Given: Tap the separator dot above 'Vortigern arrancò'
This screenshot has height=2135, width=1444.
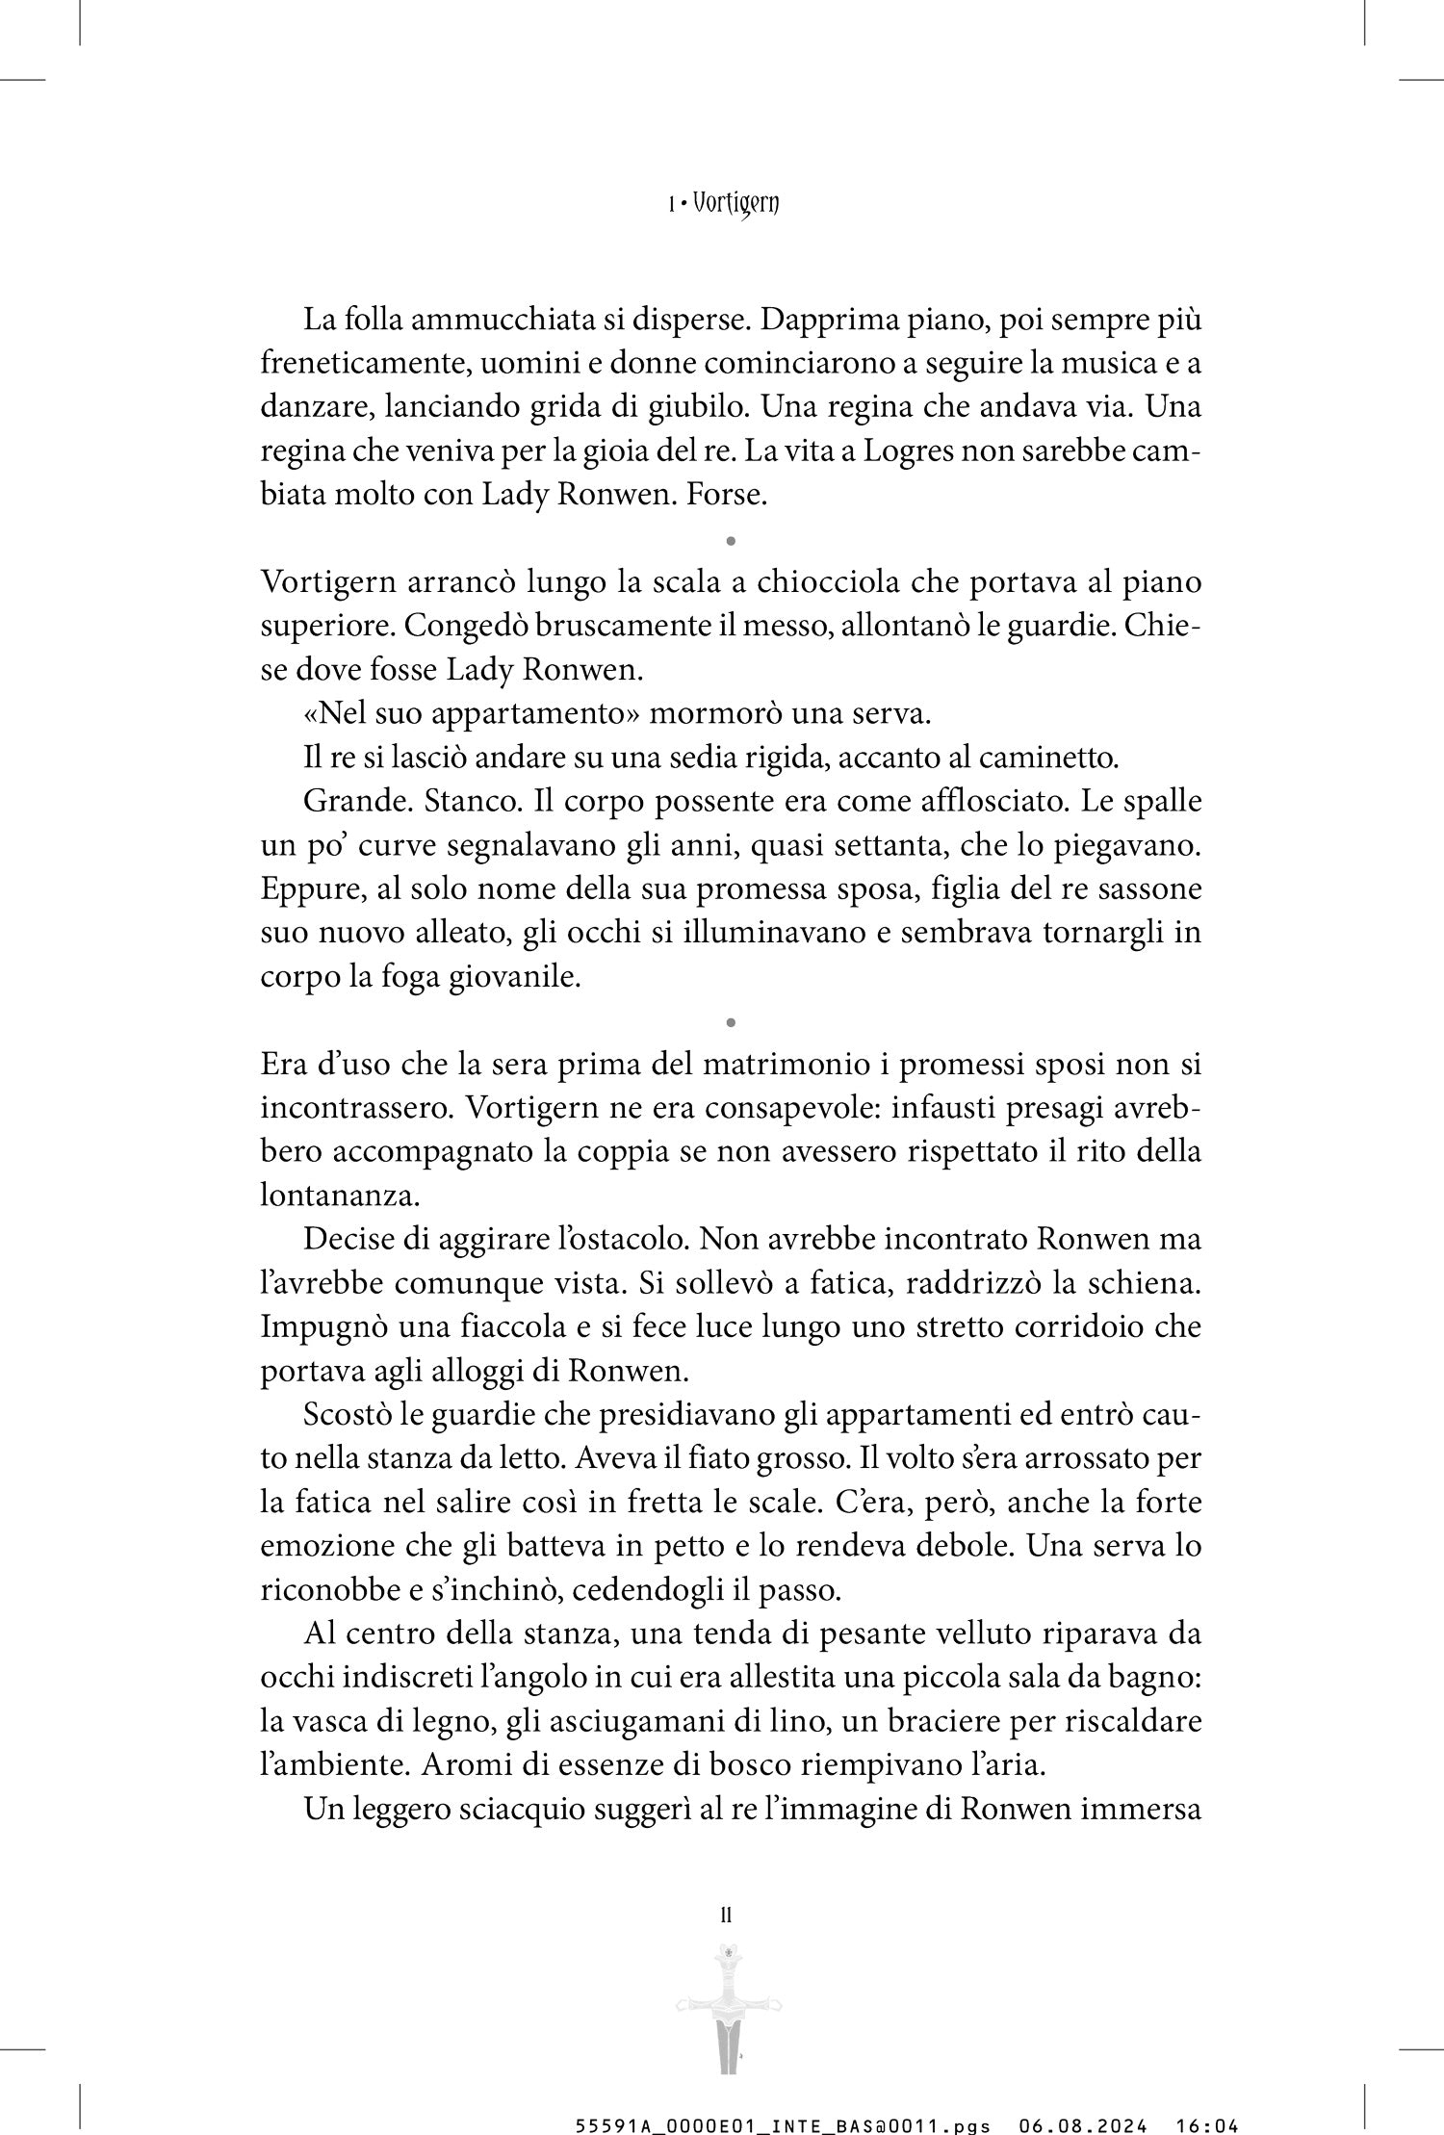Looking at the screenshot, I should pyautogui.click(x=732, y=542).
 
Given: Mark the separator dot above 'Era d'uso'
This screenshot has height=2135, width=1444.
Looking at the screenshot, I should pyautogui.click(x=732, y=1020).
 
